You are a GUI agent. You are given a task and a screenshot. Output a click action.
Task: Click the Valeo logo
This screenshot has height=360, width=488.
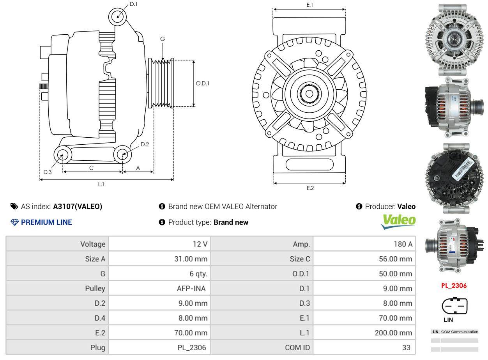point(398,222)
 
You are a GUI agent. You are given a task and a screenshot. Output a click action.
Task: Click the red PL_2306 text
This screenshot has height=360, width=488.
point(454,286)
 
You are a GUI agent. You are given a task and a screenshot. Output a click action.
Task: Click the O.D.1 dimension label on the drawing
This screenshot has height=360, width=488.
point(202,83)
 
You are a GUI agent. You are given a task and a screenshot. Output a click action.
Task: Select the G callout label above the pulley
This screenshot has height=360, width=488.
point(163,39)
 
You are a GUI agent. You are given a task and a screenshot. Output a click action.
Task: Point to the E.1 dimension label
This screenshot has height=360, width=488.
point(310,5)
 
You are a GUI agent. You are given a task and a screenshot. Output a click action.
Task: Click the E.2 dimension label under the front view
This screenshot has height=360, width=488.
point(310,188)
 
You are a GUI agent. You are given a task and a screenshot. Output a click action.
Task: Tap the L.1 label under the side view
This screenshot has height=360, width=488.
point(101,184)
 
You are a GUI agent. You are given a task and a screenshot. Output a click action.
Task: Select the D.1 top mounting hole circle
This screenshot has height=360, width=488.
point(118,17)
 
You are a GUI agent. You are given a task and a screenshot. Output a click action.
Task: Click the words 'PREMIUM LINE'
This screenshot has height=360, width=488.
point(46,222)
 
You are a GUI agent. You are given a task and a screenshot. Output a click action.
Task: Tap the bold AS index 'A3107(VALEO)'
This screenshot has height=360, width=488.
point(78,207)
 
